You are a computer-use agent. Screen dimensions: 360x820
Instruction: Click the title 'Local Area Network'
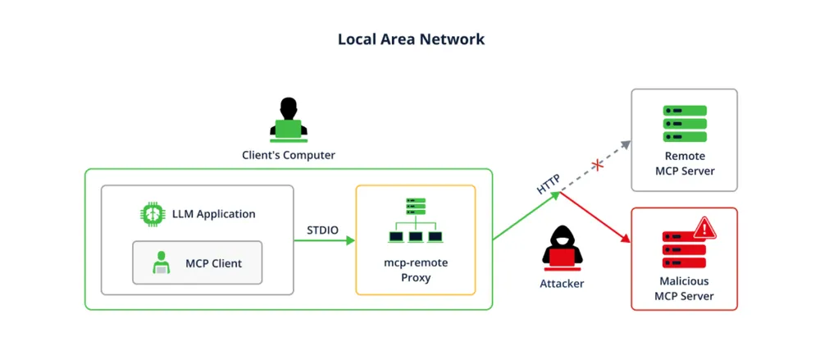[411, 39]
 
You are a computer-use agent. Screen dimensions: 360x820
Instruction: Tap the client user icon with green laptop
[288, 119]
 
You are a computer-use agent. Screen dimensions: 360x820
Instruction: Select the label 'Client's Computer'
[288, 155]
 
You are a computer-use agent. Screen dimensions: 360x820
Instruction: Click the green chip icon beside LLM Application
[152, 214]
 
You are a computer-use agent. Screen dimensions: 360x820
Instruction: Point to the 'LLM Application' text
[213, 214]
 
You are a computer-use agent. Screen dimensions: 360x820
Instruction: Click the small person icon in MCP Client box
[161, 263]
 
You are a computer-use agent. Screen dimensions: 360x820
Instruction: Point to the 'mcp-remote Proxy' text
[415, 270]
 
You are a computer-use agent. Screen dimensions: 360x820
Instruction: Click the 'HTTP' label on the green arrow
[548, 184]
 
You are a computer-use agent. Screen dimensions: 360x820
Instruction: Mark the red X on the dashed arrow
[598, 166]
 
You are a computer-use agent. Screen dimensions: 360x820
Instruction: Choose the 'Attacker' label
[562, 284]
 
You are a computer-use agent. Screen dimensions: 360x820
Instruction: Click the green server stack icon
[684, 124]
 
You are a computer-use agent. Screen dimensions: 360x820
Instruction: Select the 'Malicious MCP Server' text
[684, 289]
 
